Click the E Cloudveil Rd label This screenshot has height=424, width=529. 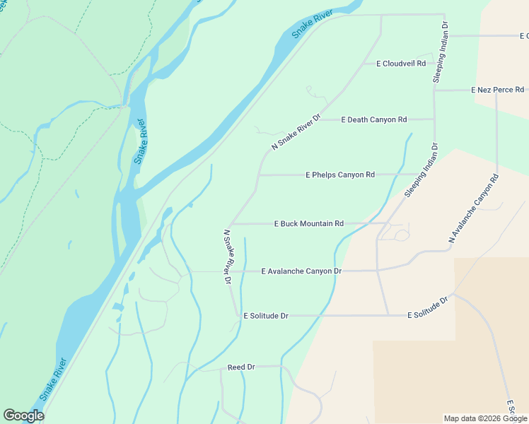click(400, 64)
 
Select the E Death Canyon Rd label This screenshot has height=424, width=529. click(374, 119)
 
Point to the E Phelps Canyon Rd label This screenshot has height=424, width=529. click(339, 175)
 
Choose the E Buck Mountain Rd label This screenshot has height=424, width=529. click(308, 223)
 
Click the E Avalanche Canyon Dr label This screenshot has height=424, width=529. click(301, 271)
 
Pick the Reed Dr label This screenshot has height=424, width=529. click(240, 367)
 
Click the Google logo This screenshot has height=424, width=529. click(23, 416)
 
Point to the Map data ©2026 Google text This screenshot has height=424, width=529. click(485, 418)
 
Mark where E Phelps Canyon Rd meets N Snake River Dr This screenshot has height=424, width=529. click(259, 175)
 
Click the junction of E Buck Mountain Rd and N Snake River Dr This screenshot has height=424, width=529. click(231, 223)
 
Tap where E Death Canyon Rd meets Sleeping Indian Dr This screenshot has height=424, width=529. click(434, 119)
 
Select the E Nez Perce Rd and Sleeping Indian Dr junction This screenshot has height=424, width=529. click(434, 90)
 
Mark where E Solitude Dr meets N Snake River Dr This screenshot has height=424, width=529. click(237, 316)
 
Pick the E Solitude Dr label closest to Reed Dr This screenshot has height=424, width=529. click(265, 316)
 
